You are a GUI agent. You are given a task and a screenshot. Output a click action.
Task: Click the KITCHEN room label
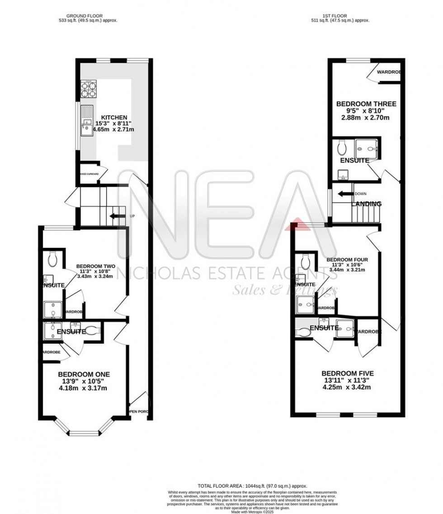coord(113,117)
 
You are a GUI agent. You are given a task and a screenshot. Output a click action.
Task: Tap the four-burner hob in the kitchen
coord(89,89)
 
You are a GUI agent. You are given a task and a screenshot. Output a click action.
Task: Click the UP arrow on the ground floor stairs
coord(118,216)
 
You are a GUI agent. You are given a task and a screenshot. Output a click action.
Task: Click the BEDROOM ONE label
coord(84,374)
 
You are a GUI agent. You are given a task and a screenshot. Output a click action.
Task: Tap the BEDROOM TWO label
coord(95,266)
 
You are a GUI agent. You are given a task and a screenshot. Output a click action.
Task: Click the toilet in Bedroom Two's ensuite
coord(52,258)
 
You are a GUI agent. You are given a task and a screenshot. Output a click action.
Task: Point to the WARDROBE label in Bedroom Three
coord(388,72)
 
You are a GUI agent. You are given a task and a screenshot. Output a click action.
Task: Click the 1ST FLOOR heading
coord(341,16)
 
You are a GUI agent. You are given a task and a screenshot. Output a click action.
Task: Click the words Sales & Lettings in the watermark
coord(284,290)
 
